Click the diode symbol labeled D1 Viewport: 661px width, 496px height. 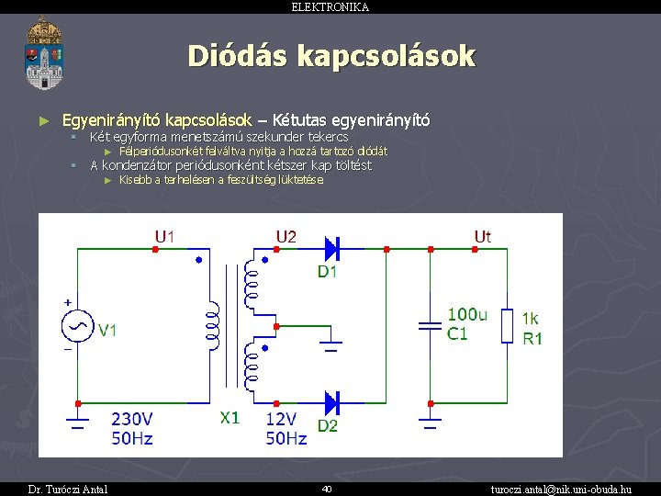[x=331, y=248]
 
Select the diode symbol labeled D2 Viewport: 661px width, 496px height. [x=331, y=401]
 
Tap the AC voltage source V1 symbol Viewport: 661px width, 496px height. [x=77, y=326]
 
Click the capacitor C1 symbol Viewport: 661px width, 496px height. [x=430, y=325]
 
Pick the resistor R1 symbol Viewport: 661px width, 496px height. [x=507, y=325]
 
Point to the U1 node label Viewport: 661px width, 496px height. [x=165, y=237]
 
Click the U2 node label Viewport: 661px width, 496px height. [x=286, y=237]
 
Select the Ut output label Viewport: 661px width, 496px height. [x=482, y=237]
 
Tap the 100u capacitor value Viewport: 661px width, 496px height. [x=467, y=315]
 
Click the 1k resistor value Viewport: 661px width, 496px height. [x=531, y=318]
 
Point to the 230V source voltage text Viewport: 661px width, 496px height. [x=132, y=419]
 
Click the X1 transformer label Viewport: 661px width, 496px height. [x=230, y=418]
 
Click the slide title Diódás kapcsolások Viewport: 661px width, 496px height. [x=331, y=56]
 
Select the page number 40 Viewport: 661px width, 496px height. [x=327, y=489]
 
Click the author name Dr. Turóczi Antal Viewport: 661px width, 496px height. [x=68, y=489]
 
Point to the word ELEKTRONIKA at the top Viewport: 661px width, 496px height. [x=330, y=6]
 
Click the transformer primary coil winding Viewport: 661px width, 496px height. [x=212, y=326]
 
